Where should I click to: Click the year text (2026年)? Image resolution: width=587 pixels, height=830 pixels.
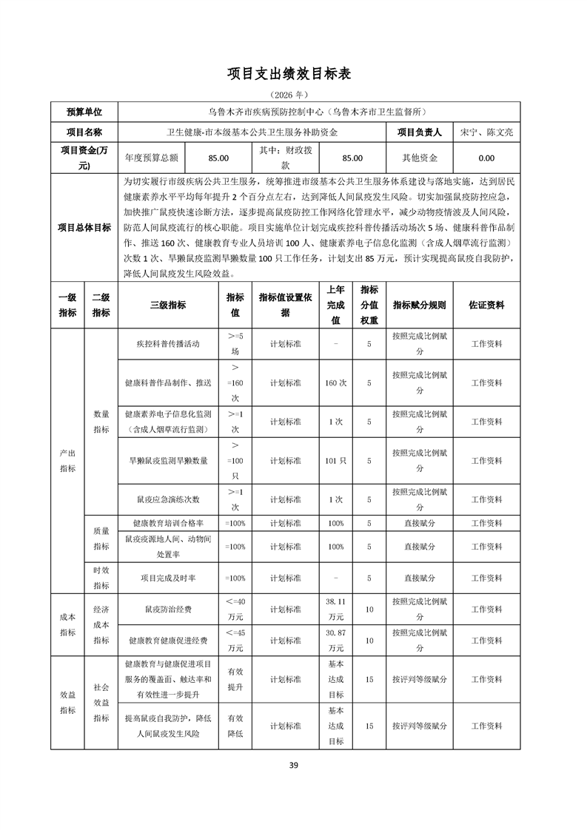293,95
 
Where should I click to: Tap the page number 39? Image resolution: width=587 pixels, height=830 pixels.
293,765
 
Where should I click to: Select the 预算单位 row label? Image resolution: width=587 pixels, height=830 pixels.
84,112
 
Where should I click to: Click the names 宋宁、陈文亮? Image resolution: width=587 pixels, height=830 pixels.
486,132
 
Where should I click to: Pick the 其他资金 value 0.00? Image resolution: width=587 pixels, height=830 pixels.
486,158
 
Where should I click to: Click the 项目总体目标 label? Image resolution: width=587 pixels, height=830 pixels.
84,228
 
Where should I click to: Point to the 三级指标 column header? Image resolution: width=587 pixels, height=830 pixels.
168,305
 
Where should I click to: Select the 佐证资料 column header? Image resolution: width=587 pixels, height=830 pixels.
486,305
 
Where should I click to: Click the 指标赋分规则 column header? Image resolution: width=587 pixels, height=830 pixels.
420,305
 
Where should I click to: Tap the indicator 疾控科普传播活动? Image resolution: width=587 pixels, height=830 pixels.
168,344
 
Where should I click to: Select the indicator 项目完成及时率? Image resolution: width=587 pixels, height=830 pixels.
168,578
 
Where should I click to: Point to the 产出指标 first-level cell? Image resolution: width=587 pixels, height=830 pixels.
67,460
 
